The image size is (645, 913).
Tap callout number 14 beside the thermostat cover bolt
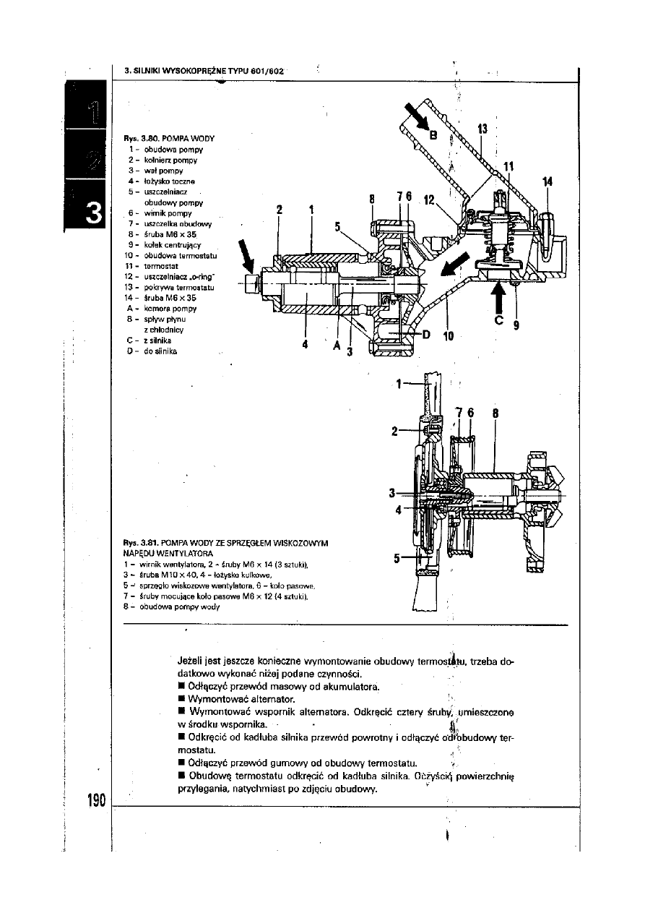point(547,182)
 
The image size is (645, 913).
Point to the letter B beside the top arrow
point(434,134)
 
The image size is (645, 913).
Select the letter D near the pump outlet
point(426,335)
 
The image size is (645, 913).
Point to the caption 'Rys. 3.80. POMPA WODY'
point(168,137)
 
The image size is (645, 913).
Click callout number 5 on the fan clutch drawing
point(397,557)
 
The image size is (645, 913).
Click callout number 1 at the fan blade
point(399,383)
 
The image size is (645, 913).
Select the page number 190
point(94,801)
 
